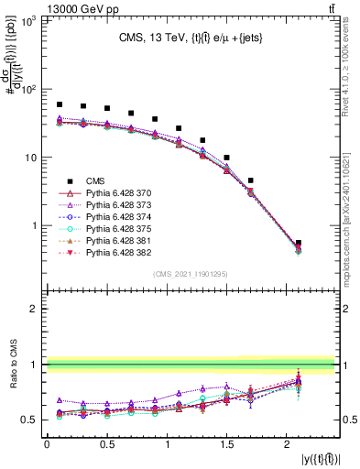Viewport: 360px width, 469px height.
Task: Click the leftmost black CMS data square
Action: pos(60,104)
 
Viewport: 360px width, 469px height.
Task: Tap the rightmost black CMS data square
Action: pos(299,243)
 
